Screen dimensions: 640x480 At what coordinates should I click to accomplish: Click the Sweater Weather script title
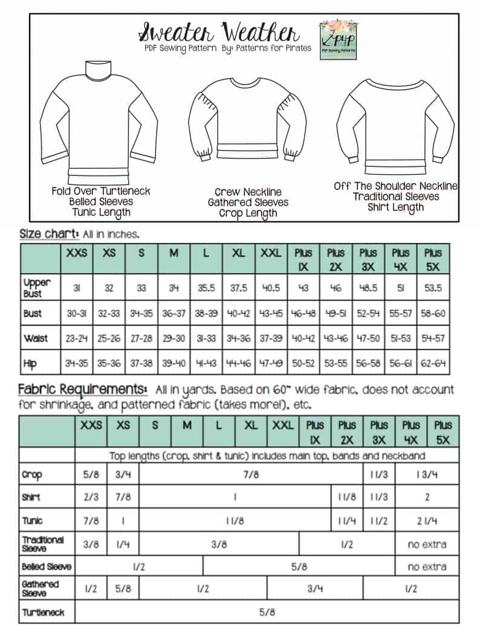coord(218,30)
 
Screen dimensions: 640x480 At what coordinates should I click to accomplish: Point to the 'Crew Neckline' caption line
coord(248,192)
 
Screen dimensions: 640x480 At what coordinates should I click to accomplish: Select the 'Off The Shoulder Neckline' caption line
coord(395,186)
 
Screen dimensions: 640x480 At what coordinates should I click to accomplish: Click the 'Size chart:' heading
coord(49,233)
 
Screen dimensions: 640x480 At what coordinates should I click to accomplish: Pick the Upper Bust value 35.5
coord(206,289)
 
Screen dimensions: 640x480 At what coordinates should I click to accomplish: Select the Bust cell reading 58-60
coord(433,314)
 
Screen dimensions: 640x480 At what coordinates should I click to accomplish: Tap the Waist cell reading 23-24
coord(77,339)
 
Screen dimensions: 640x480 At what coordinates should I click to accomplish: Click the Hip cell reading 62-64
coord(433,364)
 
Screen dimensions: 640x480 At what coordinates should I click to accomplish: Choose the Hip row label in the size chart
coord(30,364)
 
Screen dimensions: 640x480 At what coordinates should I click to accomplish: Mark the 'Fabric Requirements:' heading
coord(83,388)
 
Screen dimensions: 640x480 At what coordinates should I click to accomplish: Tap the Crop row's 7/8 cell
coord(251,475)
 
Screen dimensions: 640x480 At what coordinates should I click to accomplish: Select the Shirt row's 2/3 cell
coord(91,498)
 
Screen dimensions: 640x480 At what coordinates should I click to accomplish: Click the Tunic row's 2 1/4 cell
coord(427,521)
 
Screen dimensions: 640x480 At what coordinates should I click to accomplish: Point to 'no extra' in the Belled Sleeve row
coord(427,567)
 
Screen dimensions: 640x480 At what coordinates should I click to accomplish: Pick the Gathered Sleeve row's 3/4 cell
coord(315,589)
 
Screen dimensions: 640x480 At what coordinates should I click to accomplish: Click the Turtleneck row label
coord(43,613)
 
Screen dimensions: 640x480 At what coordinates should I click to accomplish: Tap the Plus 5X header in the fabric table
coord(443,432)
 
